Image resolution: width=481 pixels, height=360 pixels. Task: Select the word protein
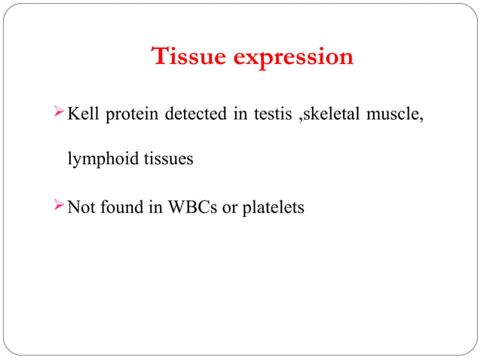[133, 116]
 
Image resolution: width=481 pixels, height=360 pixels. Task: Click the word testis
[271, 115]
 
